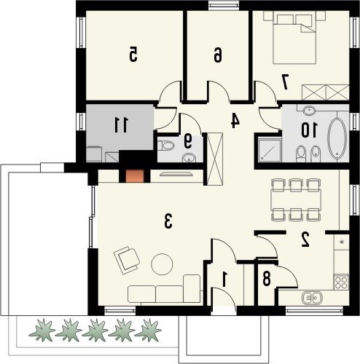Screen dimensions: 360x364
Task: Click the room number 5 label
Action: (133, 54)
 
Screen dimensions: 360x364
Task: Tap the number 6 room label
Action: (218, 55)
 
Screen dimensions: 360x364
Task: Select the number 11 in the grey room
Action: (121, 124)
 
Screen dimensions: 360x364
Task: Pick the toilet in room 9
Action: (166, 146)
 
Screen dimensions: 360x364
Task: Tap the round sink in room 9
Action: (189, 158)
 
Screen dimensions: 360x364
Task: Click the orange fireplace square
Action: (135, 176)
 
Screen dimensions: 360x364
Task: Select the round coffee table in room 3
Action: (162, 264)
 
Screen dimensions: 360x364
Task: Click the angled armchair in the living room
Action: (127, 260)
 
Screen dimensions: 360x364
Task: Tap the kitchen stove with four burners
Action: (341, 282)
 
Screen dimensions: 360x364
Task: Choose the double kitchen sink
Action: (312, 297)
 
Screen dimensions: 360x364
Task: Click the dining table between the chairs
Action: (296, 199)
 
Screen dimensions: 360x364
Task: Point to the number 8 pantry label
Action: (266, 279)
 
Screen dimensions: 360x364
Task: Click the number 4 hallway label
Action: (235, 121)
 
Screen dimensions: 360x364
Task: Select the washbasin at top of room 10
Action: (309, 111)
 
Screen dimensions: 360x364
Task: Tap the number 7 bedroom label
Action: (285, 82)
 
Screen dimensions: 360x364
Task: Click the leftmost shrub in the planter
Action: (42, 330)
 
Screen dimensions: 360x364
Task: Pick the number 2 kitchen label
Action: (305, 240)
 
